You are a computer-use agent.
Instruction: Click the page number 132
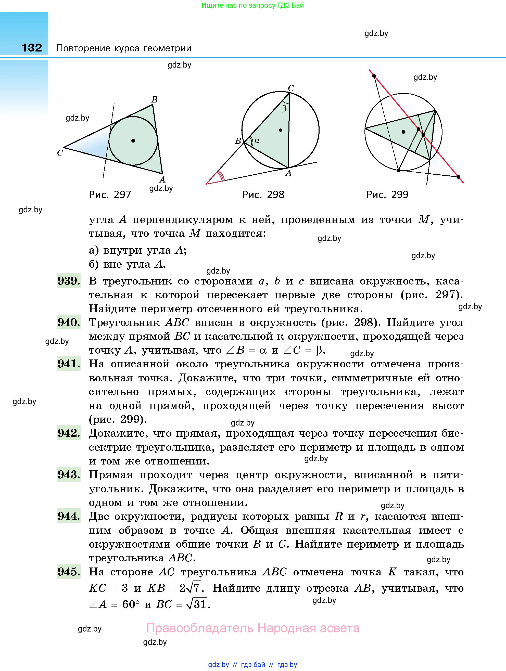click(x=32, y=48)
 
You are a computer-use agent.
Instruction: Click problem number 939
click(x=69, y=281)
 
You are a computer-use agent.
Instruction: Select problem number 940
click(x=69, y=322)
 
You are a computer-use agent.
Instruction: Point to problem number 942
click(x=69, y=433)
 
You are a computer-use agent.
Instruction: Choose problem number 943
click(x=69, y=474)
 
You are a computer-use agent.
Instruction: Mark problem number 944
click(x=69, y=516)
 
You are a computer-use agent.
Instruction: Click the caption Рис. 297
click(x=110, y=195)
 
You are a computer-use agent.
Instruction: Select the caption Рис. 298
click(x=263, y=195)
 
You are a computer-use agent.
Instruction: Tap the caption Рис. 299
click(x=387, y=195)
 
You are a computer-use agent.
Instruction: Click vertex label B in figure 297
click(x=155, y=99)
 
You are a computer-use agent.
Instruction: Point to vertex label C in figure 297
click(x=60, y=153)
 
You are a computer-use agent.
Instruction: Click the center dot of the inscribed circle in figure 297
click(x=133, y=141)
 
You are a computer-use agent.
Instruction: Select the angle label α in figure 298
click(x=257, y=140)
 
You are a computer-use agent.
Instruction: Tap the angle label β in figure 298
click(x=284, y=109)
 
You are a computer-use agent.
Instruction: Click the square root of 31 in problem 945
click(x=197, y=604)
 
